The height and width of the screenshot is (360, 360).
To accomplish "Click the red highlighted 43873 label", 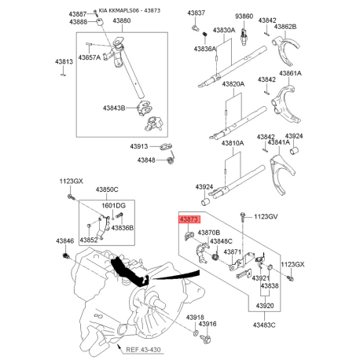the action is point(189,219).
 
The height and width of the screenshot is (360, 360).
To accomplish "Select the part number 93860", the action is point(244,17).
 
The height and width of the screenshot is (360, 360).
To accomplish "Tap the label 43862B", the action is point(285,27).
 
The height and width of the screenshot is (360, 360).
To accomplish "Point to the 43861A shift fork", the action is point(286,105).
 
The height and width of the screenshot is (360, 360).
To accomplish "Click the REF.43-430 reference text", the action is point(143,350).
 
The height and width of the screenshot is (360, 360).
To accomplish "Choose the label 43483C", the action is point(264,325).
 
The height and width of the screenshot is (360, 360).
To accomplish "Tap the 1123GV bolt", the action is point(243,216).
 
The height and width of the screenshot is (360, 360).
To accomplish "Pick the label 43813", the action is point(64,62).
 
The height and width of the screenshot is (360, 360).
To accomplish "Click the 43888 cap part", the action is point(100,22).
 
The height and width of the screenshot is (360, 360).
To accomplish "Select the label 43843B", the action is point(114,108).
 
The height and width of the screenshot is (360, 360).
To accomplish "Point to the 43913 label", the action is point(139,146).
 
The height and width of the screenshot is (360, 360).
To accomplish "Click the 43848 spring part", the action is point(171,160).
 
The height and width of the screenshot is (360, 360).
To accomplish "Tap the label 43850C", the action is point(107,189).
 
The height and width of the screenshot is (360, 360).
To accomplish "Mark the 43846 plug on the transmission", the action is point(65,255).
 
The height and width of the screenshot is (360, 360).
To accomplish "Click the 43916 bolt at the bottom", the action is point(206,338).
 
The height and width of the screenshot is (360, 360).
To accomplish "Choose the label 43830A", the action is point(224,31).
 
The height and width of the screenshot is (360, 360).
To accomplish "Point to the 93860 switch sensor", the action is point(244,37).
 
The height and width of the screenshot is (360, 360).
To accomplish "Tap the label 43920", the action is point(265,306).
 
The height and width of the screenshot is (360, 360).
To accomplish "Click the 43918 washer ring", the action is point(196,333).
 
